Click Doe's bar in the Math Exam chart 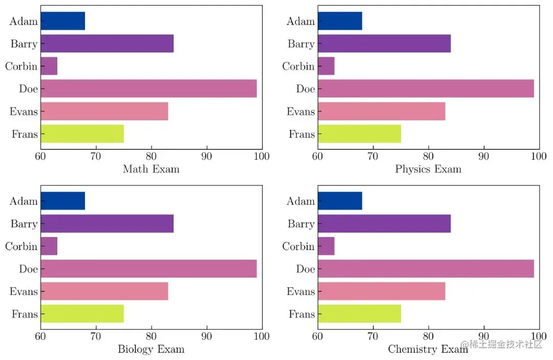[x=148, y=89]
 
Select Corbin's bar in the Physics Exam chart [x=326, y=66]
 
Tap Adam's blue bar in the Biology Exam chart [x=62, y=201]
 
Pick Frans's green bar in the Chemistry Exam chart [x=359, y=314]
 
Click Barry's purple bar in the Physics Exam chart [x=384, y=44]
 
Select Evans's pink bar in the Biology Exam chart [x=104, y=291]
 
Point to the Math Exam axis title [x=151, y=169]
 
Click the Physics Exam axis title [x=428, y=169]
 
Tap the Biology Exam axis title [x=151, y=349]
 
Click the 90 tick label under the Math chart [x=207, y=156]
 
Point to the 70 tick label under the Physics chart [x=373, y=156]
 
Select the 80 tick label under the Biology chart [x=152, y=336]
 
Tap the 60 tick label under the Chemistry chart [x=317, y=336]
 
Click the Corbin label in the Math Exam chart [x=21, y=67]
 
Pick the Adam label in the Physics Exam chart [x=301, y=21]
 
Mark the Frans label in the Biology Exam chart [x=25, y=314]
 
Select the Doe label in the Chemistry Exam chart [x=305, y=269]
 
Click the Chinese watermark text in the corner [x=501, y=345]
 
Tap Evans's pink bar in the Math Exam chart [x=104, y=111]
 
